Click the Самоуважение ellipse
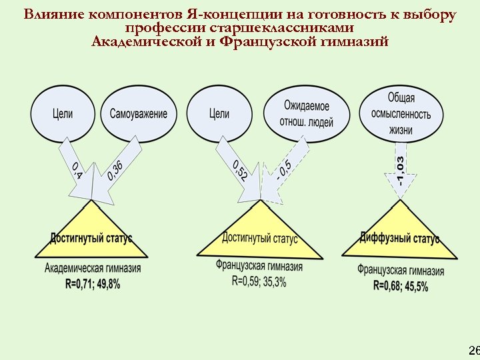coord(139,114)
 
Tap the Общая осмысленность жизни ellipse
coord(401,113)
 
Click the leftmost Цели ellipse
coord(63,114)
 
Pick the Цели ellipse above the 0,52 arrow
coord(219,114)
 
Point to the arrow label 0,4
coord(77,171)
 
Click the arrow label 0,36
coord(115,170)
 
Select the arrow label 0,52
coord(240,171)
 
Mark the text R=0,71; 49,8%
coord(92,284)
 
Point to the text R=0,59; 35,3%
coord(259,281)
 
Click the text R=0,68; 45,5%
coord(401,286)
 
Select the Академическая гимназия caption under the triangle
coord(93,269)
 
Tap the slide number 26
coord(474,351)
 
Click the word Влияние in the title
coord(49,15)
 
